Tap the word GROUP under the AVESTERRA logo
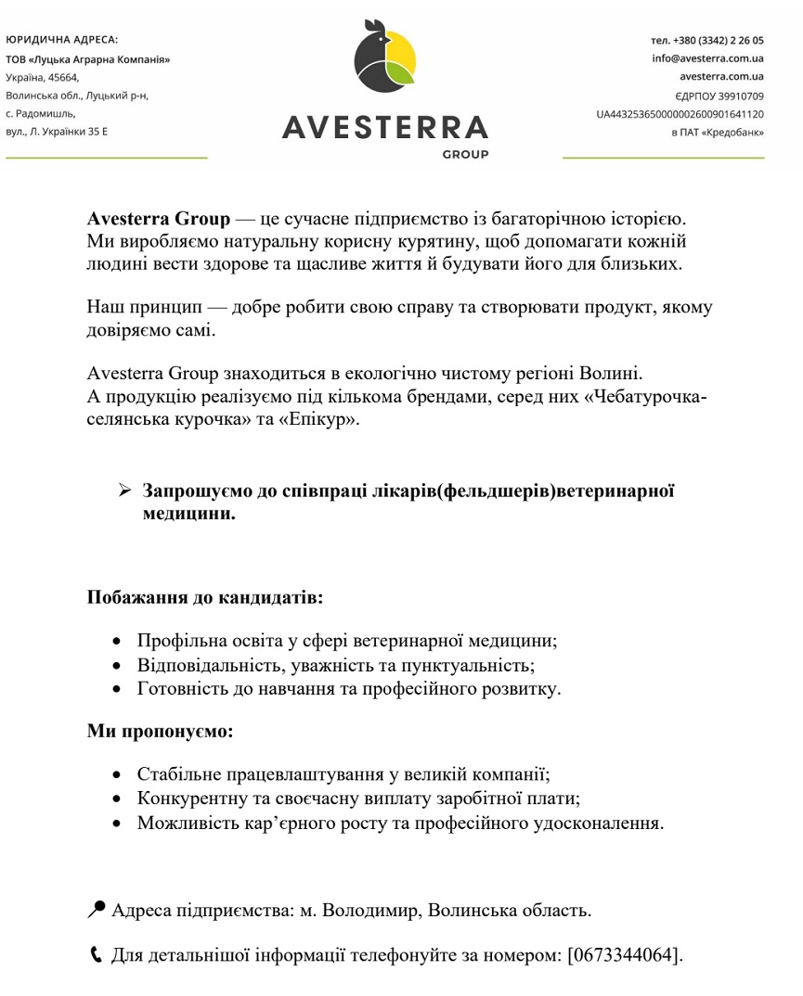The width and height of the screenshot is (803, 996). pos(465,155)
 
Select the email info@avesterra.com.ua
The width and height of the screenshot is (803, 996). pos(707,57)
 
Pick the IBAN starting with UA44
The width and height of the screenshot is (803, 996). pos(680,114)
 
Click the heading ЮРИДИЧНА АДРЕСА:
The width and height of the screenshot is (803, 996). pos(62,40)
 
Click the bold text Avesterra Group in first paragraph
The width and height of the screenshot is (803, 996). pos(158,220)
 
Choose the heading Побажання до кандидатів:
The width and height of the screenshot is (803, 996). pos(205,597)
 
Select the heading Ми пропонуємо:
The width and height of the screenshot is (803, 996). pos(161,732)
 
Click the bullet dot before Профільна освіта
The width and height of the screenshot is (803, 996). pos(116,642)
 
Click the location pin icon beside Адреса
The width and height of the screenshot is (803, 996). pos(97,910)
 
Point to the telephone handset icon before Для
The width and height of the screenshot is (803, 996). pos(96,954)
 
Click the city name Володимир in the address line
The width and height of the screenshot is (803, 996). pos(369,911)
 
